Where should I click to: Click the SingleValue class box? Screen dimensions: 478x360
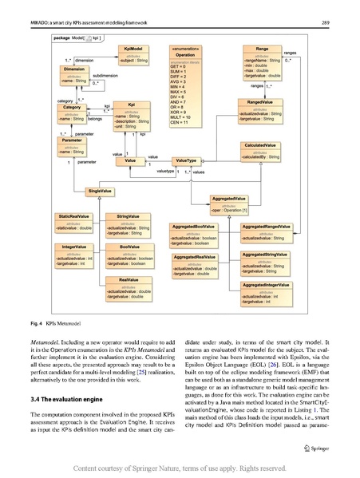100,192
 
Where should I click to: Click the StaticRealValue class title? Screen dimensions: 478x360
73,216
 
